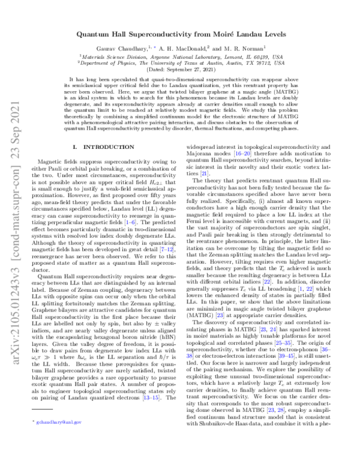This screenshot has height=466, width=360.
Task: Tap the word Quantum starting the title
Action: point(95,36)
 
